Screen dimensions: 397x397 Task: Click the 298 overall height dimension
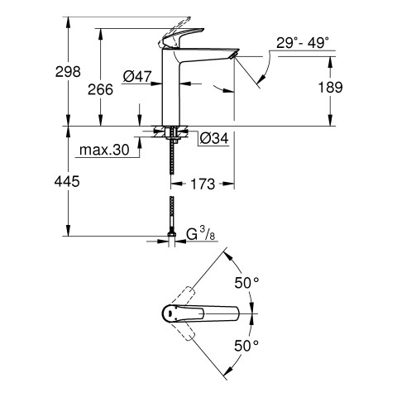tap(68, 72)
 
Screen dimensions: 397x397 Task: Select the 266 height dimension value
tap(100, 89)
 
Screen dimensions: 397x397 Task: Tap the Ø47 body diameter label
tap(137, 76)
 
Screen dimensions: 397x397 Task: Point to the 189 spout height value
tap(330, 88)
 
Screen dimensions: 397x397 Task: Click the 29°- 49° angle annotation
tap(303, 43)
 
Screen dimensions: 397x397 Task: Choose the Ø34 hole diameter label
tap(214, 138)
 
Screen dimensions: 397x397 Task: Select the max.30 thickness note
tap(104, 150)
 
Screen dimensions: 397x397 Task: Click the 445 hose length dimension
tap(67, 182)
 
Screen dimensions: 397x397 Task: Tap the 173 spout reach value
tap(203, 184)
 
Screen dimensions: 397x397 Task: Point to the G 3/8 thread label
tap(201, 234)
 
